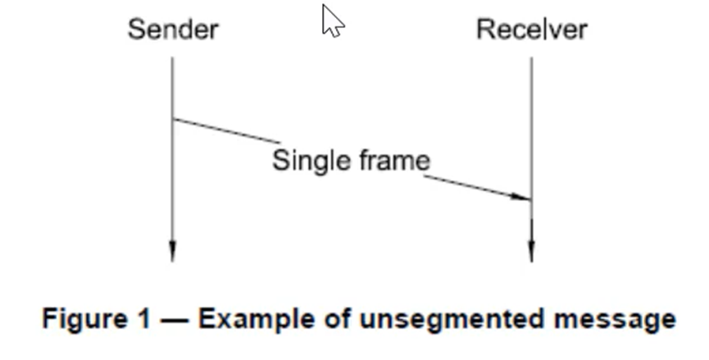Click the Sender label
pos(173,30)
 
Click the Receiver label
pos(531,30)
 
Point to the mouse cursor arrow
pos(331,20)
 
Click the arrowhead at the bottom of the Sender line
pos(172,251)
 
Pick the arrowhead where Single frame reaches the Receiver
pos(521,197)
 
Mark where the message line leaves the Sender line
pos(173,120)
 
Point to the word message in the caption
pos(621,319)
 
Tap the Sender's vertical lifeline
pos(172,189)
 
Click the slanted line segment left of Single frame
pos(225,131)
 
